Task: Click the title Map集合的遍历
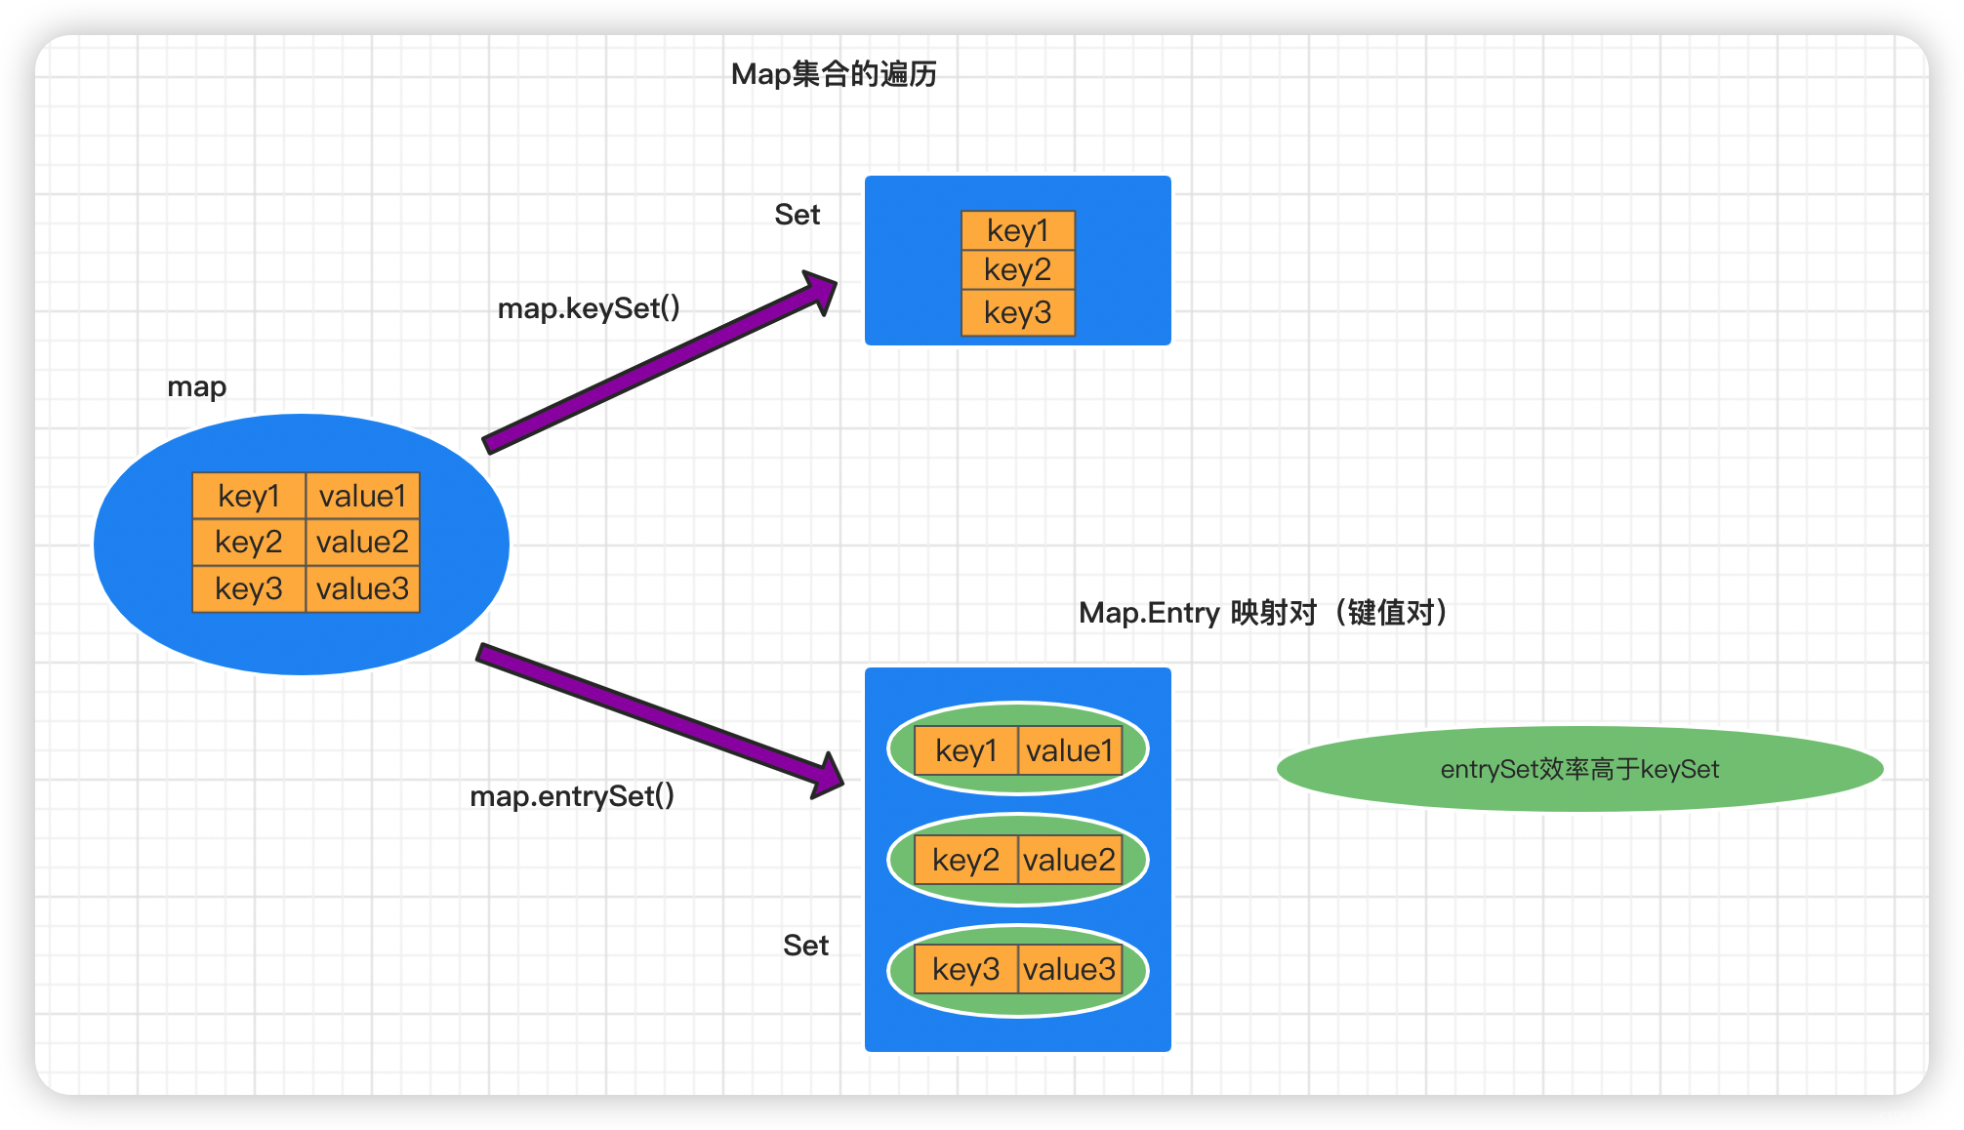(x=834, y=74)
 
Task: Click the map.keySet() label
(x=589, y=308)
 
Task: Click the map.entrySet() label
(x=572, y=796)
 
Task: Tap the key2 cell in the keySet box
(x=1017, y=270)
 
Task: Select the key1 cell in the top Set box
(x=1017, y=231)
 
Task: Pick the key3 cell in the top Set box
(x=1017, y=313)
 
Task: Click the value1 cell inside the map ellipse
(x=362, y=497)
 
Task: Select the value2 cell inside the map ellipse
(x=362, y=543)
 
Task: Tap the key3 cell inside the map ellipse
(x=249, y=589)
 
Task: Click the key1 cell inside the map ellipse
(x=249, y=497)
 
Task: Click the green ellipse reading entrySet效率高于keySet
(x=1579, y=769)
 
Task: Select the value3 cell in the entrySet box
(x=1070, y=970)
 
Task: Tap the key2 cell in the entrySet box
(x=965, y=861)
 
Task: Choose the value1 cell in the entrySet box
(x=1070, y=751)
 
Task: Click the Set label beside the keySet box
(x=797, y=215)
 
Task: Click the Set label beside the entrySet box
(x=805, y=946)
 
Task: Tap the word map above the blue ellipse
(x=197, y=387)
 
